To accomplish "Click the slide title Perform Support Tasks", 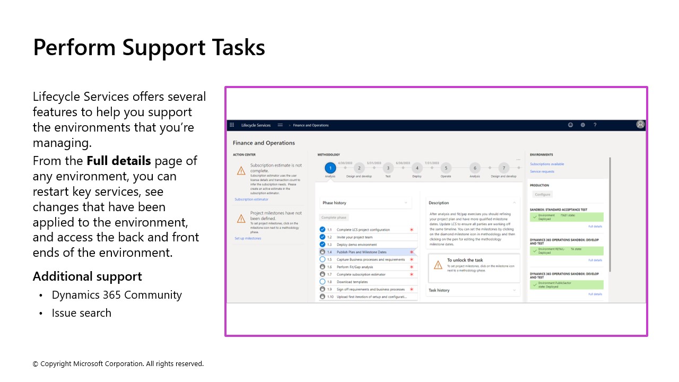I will (149, 47).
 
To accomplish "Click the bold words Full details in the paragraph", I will (119, 161).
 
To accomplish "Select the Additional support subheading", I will (88, 276).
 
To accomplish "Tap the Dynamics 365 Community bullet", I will (117, 295).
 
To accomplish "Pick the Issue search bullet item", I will (81, 313).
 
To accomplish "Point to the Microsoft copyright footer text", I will (118, 364).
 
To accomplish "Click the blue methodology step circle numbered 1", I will (330, 168).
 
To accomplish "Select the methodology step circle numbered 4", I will (417, 168).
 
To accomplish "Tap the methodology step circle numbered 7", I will (503, 168).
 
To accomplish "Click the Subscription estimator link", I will (251, 199).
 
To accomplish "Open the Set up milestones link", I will (248, 239).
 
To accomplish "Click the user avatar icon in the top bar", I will (640, 125).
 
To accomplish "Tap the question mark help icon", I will (595, 125).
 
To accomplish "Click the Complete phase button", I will (334, 218).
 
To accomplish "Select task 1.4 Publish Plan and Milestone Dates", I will (361, 252).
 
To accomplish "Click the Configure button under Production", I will (543, 195).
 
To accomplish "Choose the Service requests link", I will (542, 171).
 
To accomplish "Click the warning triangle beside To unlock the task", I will (438, 264).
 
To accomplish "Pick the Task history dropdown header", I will (439, 290).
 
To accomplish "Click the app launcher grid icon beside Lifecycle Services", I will (232, 125).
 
